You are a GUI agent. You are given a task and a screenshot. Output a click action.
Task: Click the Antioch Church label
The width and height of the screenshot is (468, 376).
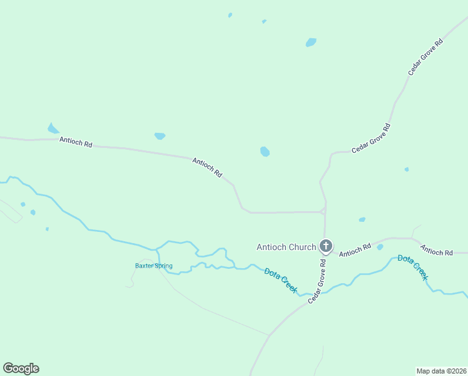[x=286, y=247]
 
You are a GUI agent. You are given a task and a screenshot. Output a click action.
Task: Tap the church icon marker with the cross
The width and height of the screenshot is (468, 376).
[x=325, y=246]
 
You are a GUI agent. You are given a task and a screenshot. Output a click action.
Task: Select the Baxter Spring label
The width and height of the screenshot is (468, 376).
[x=153, y=266]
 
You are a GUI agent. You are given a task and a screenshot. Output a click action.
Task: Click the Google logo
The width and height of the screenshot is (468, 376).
[x=21, y=368]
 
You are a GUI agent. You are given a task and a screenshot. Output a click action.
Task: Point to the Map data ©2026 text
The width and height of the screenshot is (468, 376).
[x=442, y=370]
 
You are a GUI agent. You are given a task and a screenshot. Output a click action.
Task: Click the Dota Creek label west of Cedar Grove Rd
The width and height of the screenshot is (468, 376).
[x=280, y=280]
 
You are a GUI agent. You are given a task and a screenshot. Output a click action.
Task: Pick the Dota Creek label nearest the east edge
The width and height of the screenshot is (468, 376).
[x=413, y=267]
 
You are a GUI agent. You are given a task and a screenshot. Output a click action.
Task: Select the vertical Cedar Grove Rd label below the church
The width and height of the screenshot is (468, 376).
[x=317, y=283]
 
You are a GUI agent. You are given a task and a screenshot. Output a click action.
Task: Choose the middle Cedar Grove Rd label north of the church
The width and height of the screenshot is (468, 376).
[x=371, y=138]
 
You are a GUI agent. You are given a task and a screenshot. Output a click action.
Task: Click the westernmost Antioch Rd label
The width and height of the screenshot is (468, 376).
[x=76, y=142]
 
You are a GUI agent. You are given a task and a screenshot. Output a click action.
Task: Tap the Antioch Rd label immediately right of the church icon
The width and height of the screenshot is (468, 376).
[x=355, y=249]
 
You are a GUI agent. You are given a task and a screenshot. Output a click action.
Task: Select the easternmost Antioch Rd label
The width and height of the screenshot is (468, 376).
[x=436, y=251]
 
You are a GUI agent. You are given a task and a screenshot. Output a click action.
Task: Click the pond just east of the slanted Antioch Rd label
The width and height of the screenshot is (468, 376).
[x=265, y=152]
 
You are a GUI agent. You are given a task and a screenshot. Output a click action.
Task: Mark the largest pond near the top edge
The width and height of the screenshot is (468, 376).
[x=311, y=43]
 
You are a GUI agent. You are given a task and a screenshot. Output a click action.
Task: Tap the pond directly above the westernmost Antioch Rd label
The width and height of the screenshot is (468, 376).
[x=53, y=128]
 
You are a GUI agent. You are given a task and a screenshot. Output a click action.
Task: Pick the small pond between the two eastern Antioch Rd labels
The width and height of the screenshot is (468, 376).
[x=380, y=247]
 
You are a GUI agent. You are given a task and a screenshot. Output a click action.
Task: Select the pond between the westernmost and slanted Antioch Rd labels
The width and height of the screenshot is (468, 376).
[x=160, y=135]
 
